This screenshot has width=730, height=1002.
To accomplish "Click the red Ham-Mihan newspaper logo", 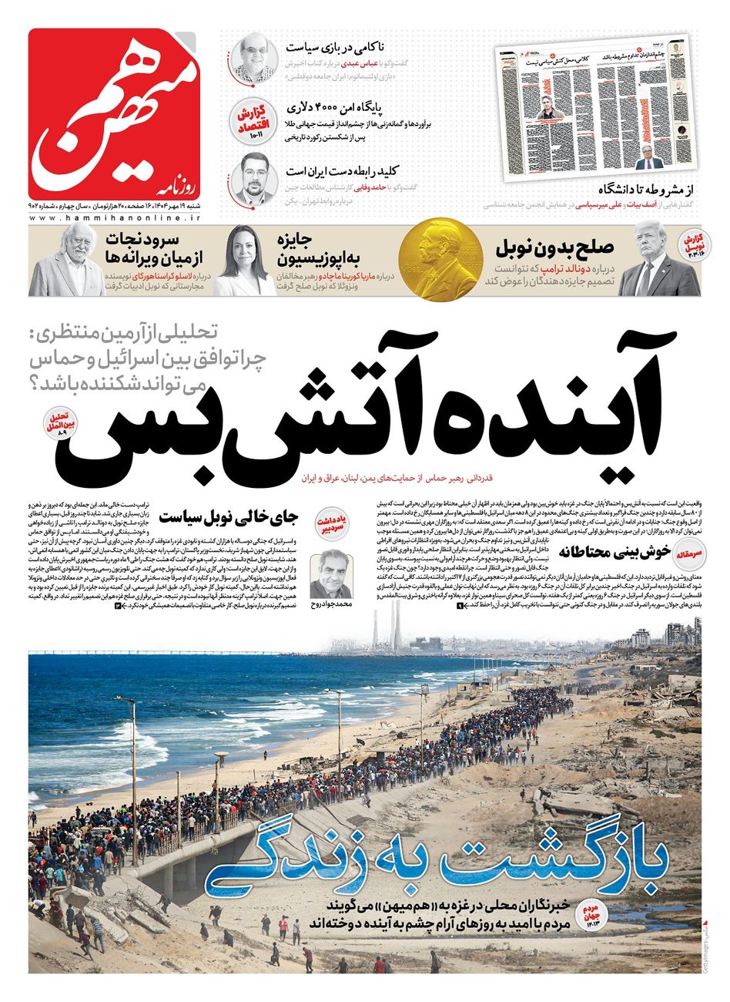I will tap(116, 115).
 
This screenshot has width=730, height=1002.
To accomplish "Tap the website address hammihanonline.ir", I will tap(116, 220).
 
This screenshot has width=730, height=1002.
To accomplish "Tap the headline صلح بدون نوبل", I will tap(554, 248).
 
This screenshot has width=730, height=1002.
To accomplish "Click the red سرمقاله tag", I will tap(684, 553).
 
